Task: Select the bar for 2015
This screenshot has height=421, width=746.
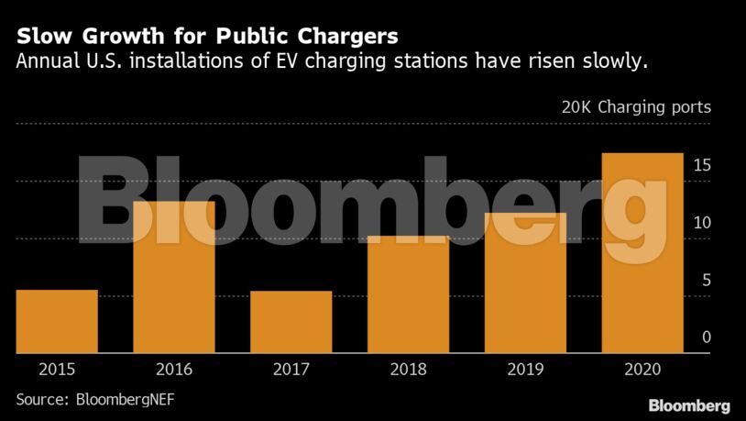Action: click(x=57, y=322)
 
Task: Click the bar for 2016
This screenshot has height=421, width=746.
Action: click(x=174, y=277)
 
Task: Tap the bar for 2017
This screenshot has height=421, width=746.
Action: click(x=291, y=322)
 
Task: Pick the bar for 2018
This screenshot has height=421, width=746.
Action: click(x=409, y=294)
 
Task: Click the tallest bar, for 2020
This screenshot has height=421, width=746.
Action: click(x=642, y=253)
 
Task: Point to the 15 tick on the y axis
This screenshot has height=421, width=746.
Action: click(x=702, y=166)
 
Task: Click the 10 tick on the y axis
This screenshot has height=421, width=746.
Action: click(x=702, y=223)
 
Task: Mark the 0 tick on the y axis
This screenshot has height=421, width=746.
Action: click(x=707, y=338)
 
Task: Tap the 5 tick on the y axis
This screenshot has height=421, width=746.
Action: click(x=707, y=281)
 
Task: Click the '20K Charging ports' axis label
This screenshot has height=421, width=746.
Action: click(x=636, y=107)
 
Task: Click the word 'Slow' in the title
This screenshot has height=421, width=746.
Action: click(x=44, y=37)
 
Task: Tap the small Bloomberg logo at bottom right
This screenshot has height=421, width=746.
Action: click(x=689, y=405)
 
